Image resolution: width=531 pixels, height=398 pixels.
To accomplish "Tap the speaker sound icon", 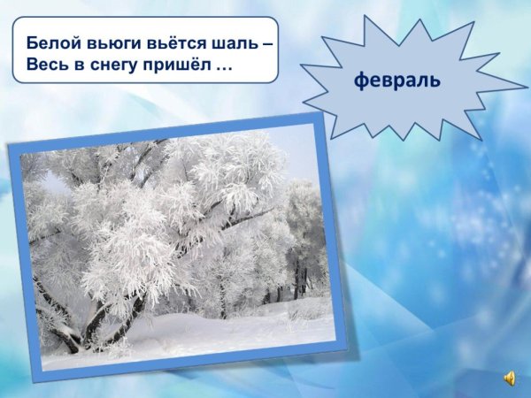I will pos(511,379).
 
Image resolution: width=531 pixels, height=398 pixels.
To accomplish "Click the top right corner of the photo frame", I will pos(316,114).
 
